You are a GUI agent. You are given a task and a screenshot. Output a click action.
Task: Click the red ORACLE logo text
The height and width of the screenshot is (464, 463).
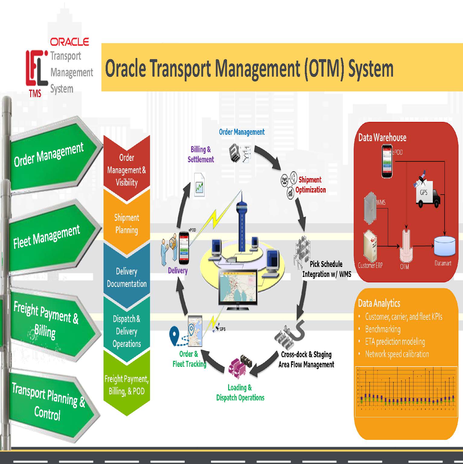pos(69,42)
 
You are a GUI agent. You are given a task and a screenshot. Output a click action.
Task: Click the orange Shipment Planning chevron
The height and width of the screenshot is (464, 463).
pos(126,224)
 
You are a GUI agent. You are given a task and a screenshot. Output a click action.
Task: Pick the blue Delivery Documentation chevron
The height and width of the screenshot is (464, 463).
pos(126,277)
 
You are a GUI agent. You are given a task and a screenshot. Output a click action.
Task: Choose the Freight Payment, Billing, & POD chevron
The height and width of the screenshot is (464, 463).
pos(126,385)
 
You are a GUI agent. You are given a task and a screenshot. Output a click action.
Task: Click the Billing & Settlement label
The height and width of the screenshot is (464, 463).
pos(201,154)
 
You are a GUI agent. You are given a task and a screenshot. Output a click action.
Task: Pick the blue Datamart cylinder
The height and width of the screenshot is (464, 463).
pos(444,246)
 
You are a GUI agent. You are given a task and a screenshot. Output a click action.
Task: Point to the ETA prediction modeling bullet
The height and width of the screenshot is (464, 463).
pos(395,342)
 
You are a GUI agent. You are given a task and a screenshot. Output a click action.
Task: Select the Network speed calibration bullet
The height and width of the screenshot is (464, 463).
pos(397,354)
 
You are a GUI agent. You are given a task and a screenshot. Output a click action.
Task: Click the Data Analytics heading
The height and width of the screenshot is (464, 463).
pos(379,303)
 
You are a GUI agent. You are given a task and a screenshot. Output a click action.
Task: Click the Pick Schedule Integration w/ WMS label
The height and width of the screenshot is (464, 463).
pos(327,269)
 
